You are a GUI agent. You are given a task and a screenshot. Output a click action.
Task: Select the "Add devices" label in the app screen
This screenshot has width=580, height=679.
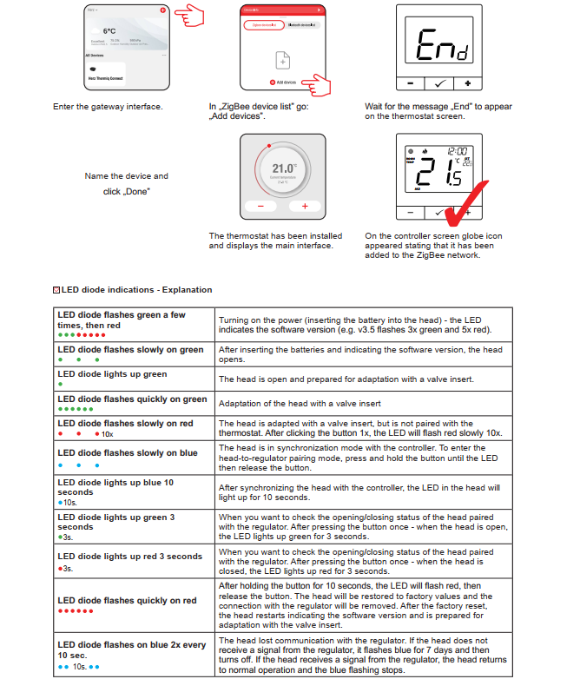coord(287,82)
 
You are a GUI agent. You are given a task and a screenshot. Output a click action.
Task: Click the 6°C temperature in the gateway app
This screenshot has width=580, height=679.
coord(109,30)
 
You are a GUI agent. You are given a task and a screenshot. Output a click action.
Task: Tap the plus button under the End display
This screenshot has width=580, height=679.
coord(467,83)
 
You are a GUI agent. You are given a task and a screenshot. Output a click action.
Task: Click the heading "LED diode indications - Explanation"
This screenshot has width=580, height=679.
coord(136,290)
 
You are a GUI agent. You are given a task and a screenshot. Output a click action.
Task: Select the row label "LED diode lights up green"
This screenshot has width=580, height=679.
coord(112,374)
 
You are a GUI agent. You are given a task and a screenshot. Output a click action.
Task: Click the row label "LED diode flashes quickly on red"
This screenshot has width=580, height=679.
coord(127,600)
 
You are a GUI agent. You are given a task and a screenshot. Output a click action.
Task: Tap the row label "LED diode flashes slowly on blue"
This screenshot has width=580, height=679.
coord(127,452)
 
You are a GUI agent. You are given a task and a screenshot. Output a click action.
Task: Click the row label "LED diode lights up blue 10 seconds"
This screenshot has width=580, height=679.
coord(115,487)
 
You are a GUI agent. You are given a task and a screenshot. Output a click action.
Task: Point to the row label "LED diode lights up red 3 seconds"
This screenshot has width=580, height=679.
coord(129,557)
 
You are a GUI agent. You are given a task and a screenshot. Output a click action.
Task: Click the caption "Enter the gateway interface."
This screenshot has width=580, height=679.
coord(108,107)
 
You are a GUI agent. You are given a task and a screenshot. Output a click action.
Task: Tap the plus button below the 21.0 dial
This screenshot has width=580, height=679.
coord(304,207)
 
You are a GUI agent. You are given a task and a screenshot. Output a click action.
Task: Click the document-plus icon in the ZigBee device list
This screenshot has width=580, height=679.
coord(280,60)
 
